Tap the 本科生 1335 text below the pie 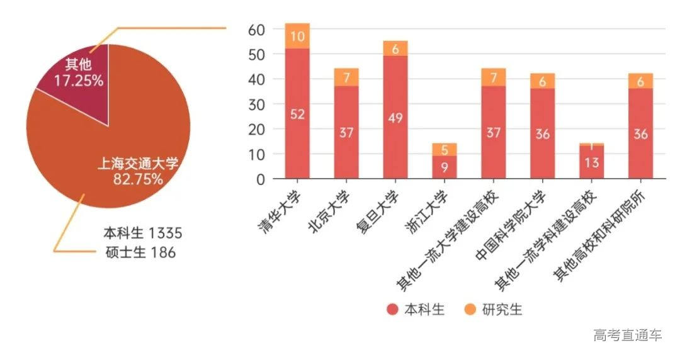point(142,233)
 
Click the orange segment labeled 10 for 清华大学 point(297,37)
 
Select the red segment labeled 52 point(297,113)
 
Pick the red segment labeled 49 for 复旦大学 point(395,117)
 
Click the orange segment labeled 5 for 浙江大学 point(445,150)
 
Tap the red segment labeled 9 point(445,167)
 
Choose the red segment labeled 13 point(592,163)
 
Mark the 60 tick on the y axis point(256,30)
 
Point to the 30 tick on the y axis point(256,104)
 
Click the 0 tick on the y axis point(260,179)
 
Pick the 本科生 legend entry point(416,310)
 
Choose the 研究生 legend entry point(494,310)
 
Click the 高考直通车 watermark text point(627,335)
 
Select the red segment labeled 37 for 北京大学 point(346,132)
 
